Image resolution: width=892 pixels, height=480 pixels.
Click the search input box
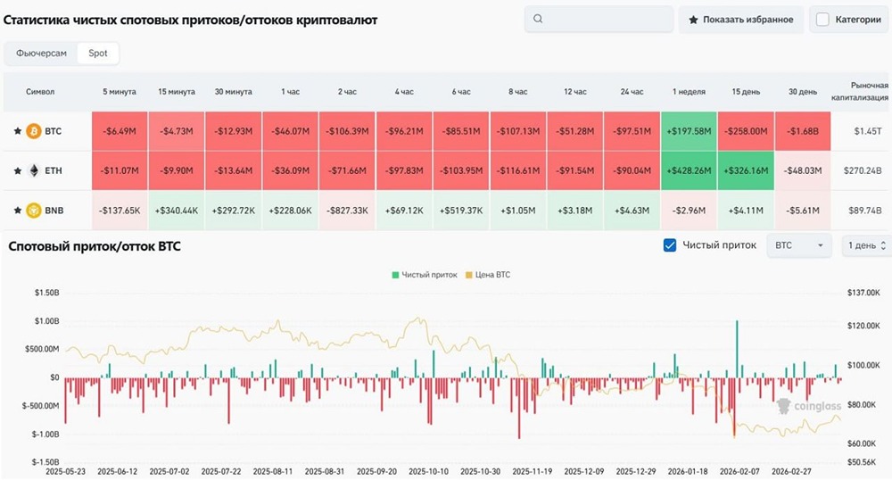[x=599, y=19]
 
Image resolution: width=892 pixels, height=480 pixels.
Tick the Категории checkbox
[x=822, y=19]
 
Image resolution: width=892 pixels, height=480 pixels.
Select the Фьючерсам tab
[x=40, y=54]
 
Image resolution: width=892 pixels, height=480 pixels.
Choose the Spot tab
[x=98, y=54]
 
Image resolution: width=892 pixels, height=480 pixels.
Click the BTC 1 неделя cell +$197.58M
[x=689, y=131]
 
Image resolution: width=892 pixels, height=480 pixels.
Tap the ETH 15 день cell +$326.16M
[x=746, y=170]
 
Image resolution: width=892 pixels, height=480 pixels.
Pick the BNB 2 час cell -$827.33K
[x=347, y=211]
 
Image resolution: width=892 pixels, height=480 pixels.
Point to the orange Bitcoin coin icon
[x=34, y=131]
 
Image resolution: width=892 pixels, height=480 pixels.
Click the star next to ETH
[x=16, y=170]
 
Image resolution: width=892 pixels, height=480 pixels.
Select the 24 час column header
[x=632, y=92]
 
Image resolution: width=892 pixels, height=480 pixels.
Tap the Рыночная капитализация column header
[x=860, y=92]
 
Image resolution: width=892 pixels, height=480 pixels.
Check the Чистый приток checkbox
[x=670, y=245]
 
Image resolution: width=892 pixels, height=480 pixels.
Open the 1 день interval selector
[x=866, y=245]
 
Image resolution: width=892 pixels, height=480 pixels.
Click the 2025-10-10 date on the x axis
[x=431, y=471]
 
